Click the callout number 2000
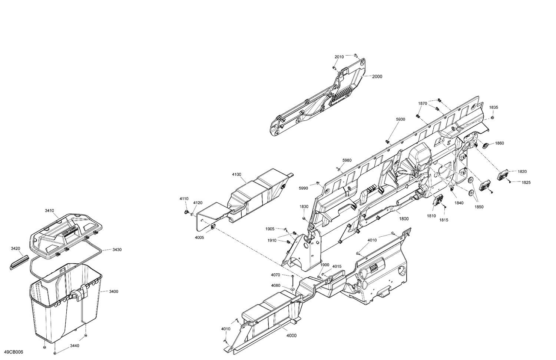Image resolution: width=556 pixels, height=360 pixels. pos(377,77)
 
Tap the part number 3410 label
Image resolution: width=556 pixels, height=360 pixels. pos(49,210)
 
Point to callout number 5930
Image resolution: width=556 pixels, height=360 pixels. pos(400,119)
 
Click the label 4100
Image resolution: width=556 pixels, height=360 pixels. pos(236,174)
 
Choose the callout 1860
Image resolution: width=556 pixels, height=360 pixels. pos(499,143)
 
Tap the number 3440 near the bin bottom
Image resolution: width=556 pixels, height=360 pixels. pos(75,346)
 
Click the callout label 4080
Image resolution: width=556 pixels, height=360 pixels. pos(275,285)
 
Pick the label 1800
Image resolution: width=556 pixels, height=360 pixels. pos(404,219)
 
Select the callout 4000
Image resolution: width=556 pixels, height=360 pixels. pos(291,336)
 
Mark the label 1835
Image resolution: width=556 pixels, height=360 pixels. pos(493,107)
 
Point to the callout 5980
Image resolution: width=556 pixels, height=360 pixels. pos(347,160)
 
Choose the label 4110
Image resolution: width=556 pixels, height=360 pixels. pos(184,199)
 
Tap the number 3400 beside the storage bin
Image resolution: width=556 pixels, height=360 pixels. pos(113,291)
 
